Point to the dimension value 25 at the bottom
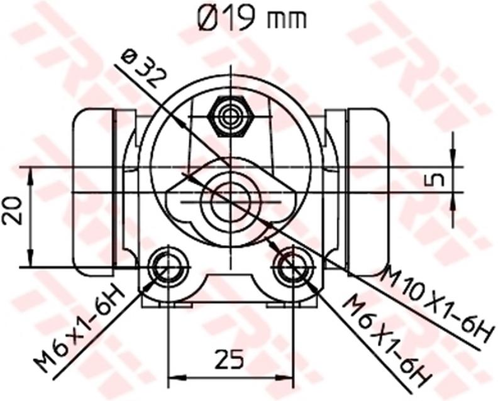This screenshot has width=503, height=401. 230,359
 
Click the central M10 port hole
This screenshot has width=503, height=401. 231,200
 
